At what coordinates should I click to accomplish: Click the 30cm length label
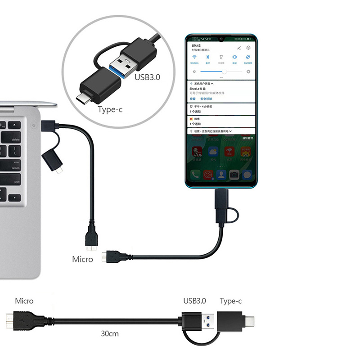(109, 334)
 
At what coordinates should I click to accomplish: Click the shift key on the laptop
(16, 182)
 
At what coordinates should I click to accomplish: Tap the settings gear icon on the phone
(248, 47)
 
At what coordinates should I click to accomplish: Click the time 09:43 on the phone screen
(196, 46)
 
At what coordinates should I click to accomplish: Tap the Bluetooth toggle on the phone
(207, 57)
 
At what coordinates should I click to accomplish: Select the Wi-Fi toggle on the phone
(194, 57)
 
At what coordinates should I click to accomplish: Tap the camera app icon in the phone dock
(234, 175)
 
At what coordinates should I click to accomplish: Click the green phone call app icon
(195, 175)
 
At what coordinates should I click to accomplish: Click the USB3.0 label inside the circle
(147, 77)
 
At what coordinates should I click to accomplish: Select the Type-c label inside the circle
(110, 109)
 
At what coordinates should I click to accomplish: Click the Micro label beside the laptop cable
(82, 259)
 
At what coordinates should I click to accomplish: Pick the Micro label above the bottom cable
(24, 301)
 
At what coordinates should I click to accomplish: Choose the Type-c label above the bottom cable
(231, 301)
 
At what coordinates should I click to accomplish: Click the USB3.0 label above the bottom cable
(194, 301)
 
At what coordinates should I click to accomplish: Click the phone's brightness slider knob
(224, 72)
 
